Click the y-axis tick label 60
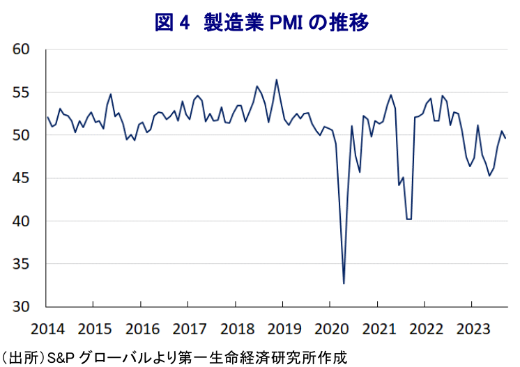pyautogui.click(x=22, y=49)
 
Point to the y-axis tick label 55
pyautogui.click(x=22, y=93)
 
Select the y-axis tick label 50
pyautogui.click(x=22, y=135)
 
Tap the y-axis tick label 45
pyautogui.click(x=22, y=178)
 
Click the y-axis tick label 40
pyautogui.click(x=22, y=221)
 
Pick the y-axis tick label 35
pyautogui.click(x=22, y=264)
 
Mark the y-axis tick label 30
pyautogui.click(x=22, y=307)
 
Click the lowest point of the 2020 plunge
pyautogui.click(x=344, y=283)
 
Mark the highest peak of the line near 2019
pyautogui.click(x=277, y=79)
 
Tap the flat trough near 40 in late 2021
pyautogui.click(x=409, y=219)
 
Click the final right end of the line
pyautogui.click(x=506, y=138)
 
